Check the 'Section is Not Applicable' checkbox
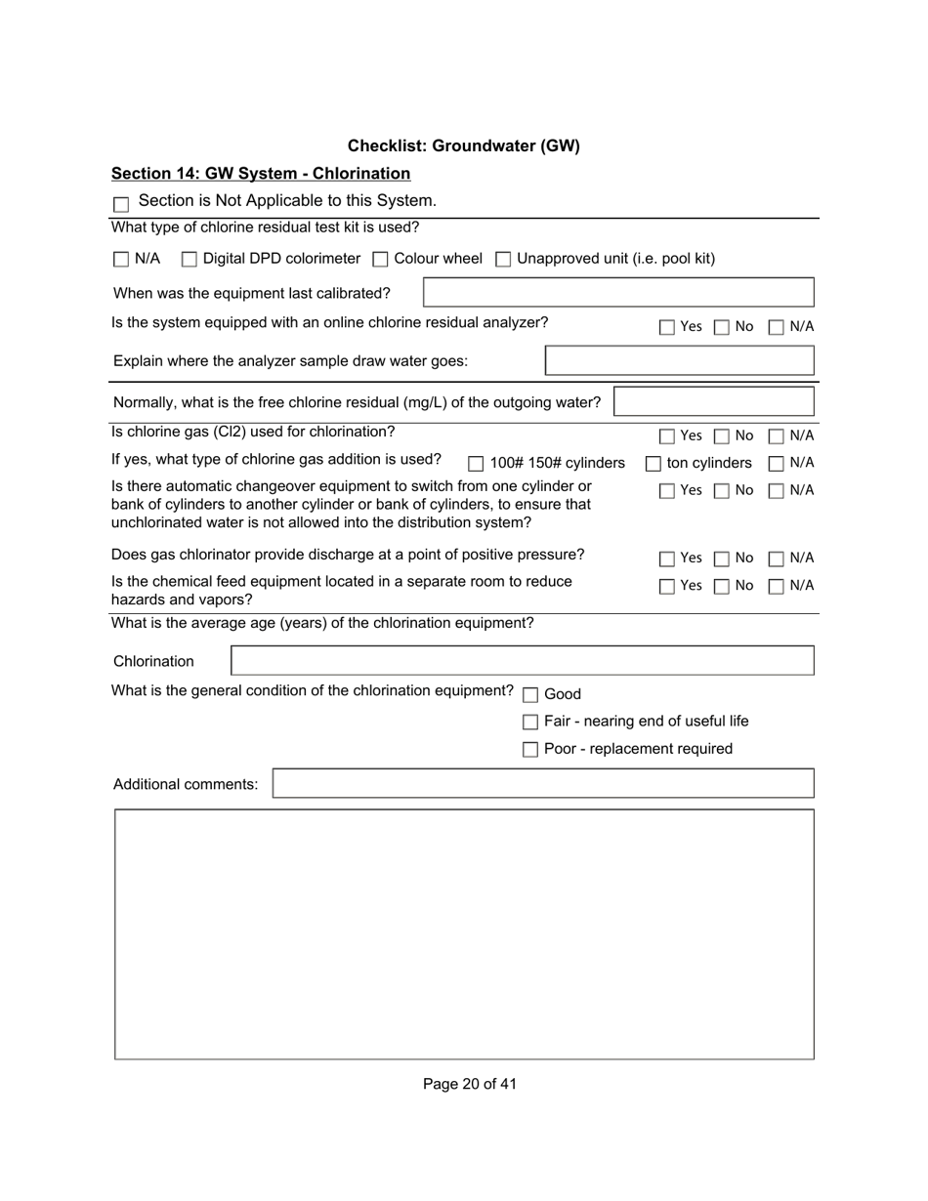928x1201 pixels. [x=121, y=204]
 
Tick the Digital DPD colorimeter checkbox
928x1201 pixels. [x=190, y=260]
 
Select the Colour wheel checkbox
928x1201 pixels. [x=381, y=260]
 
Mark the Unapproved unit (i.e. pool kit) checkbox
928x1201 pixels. [x=503, y=260]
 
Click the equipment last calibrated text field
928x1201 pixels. [x=618, y=293]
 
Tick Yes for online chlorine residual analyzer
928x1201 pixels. [x=667, y=328]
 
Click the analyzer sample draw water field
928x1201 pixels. [x=679, y=361]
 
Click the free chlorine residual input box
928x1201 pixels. [x=713, y=402]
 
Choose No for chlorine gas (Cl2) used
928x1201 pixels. [x=721, y=436]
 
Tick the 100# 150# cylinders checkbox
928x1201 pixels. [x=476, y=464]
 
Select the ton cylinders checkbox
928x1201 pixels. [x=653, y=464]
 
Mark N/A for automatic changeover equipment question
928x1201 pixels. [x=777, y=491]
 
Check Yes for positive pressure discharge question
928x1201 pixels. [x=667, y=559]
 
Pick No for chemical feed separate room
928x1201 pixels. [x=721, y=587]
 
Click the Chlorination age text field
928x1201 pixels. [x=522, y=661]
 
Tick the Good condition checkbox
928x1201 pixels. [x=530, y=695]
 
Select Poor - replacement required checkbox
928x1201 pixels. [x=530, y=750]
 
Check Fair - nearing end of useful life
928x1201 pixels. [x=530, y=723]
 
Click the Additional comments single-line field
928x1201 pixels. [x=542, y=784]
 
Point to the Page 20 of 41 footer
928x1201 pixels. [x=470, y=1084]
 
